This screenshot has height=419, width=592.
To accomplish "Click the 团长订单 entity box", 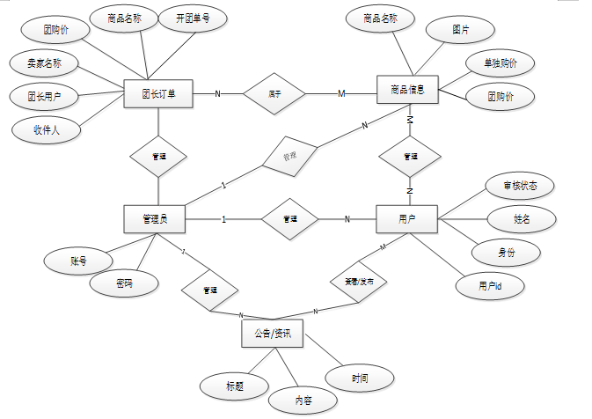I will [x=158, y=92].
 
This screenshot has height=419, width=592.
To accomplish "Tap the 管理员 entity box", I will [x=158, y=219].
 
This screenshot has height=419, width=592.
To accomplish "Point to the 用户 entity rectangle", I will [x=406, y=219].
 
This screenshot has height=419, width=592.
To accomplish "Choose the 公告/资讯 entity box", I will [x=272, y=334].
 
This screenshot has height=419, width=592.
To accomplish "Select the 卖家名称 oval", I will [x=45, y=63].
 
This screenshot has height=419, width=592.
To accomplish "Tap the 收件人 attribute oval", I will [x=46, y=130].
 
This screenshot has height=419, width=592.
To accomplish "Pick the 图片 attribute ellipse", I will [x=460, y=30].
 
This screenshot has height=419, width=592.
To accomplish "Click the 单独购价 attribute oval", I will [x=499, y=63].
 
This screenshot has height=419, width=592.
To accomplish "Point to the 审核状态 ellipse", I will [x=519, y=186].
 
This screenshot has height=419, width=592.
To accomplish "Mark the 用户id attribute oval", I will [x=490, y=286].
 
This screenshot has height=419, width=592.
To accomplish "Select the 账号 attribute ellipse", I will [x=78, y=261].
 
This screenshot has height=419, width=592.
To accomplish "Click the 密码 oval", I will [x=124, y=283].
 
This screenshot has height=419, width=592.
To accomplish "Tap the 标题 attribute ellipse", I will [x=234, y=385].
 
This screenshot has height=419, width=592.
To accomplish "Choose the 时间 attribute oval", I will [x=360, y=378].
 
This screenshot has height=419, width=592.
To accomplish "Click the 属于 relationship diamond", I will [x=274, y=93].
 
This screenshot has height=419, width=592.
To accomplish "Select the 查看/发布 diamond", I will [x=358, y=283].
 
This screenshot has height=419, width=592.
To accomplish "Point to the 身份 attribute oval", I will [x=507, y=252].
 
